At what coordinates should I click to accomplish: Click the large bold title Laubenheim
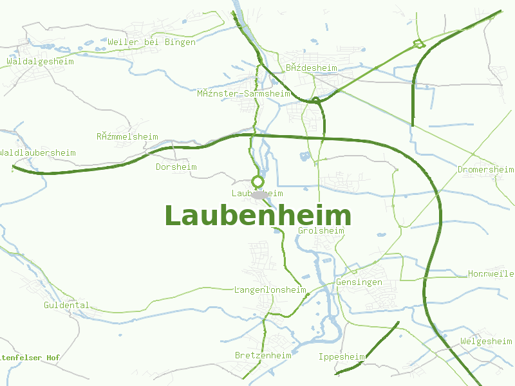pos(257,216)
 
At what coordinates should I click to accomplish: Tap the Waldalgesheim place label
pos(40,62)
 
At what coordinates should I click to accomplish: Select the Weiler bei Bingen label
pos(152,42)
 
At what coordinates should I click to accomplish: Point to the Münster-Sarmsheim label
pos(243,93)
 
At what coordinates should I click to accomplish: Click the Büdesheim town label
pos(312,68)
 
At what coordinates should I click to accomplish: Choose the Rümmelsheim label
pos(127,136)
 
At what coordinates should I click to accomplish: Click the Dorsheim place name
pos(176,167)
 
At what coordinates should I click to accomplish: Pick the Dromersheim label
pos(485,169)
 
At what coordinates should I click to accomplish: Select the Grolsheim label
pos(321,230)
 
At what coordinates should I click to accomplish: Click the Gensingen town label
pos(359,282)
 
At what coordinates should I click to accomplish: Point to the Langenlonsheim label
pos(270,289)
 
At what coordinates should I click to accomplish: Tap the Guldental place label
pos(66,305)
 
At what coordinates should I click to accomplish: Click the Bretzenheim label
pos(263,355)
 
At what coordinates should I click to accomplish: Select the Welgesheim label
pos(486,340)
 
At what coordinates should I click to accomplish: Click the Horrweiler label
pos(491,273)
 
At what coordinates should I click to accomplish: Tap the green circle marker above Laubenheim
pos(257,181)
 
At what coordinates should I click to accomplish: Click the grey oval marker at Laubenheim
pos(259,194)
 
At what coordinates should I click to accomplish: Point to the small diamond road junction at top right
pos(417,44)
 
